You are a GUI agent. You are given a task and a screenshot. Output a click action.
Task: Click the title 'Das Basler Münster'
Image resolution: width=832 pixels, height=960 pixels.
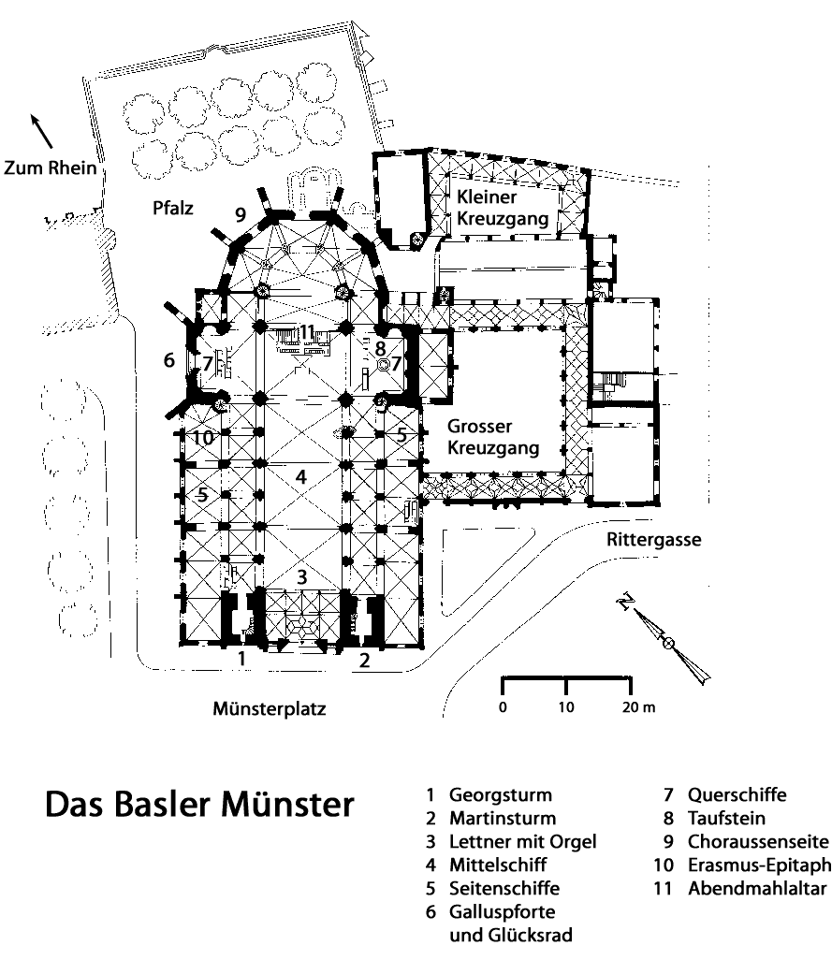[x=201, y=804]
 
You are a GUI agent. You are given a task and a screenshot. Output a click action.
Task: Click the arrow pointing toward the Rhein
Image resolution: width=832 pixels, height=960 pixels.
[x=42, y=131]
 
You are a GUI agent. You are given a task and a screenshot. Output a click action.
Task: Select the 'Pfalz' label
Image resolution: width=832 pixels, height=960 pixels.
[x=173, y=209]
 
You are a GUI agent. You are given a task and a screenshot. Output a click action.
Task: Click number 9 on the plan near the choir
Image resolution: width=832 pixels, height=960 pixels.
[x=241, y=215]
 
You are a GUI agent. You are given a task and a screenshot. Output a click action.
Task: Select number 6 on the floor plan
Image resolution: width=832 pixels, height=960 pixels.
[x=169, y=358]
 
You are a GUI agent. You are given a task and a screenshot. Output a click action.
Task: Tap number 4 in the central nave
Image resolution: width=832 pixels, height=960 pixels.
[x=300, y=476]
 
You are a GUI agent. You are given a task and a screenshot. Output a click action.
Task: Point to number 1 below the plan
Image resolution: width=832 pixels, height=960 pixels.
[x=241, y=660]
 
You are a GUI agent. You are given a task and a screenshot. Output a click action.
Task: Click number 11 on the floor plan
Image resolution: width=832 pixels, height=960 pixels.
[x=308, y=330]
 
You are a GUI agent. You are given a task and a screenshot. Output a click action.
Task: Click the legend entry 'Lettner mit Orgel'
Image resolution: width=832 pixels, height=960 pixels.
[x=521, y=842]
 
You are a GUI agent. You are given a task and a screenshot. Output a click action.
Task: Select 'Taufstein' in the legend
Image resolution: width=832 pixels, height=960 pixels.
[x=726, y=819]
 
